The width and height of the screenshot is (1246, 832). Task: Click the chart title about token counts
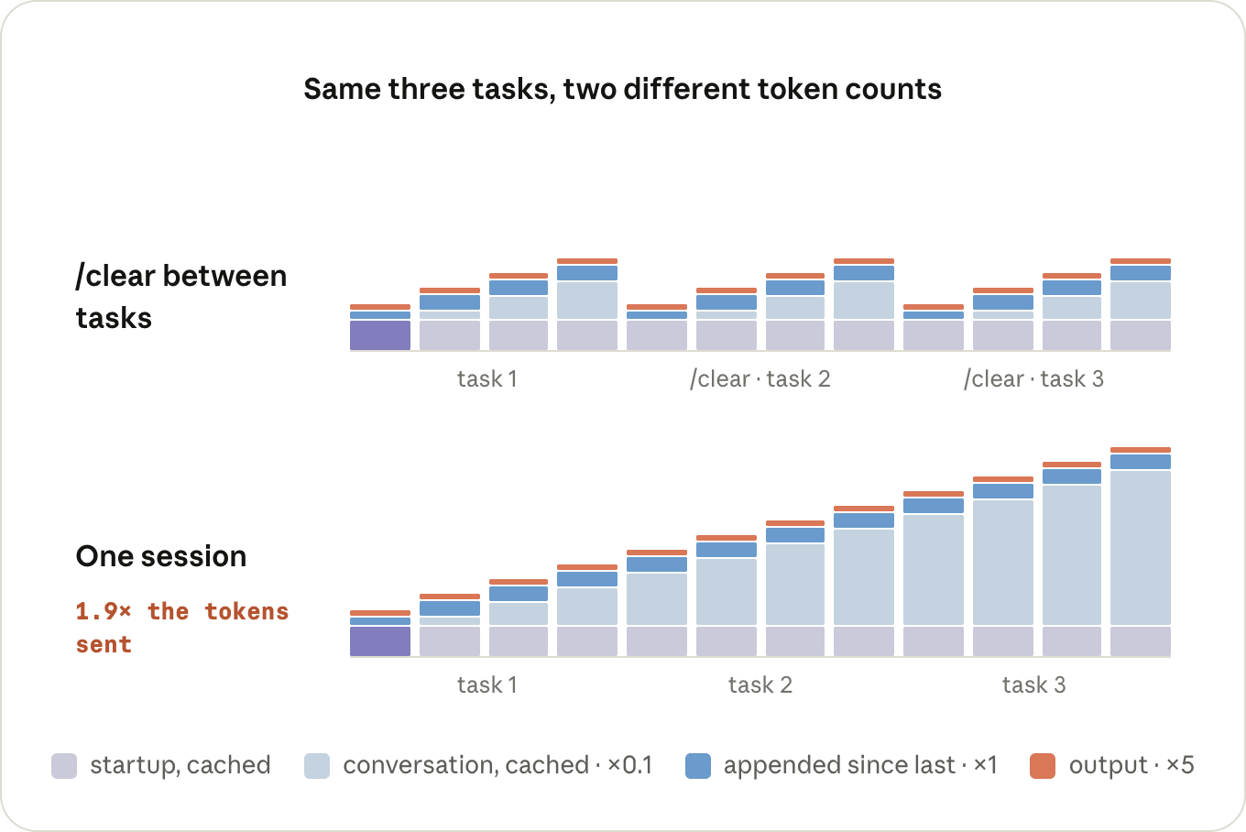622,89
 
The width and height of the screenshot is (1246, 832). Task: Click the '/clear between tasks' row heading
181,297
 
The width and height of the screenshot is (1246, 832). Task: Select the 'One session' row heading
161,556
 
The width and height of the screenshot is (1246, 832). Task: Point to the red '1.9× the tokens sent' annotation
182,628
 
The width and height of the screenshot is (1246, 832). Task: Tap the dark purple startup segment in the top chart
380,335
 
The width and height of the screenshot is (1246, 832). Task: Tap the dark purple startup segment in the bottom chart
380,641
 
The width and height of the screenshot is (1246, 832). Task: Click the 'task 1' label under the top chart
487,378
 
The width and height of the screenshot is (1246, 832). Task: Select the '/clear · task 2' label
760,378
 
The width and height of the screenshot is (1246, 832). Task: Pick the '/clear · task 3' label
1033,378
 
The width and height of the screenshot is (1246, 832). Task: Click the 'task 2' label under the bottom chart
760,684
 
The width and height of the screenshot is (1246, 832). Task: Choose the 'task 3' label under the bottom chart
1034,684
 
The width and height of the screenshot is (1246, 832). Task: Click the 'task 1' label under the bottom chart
487,684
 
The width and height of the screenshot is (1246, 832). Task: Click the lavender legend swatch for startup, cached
64,766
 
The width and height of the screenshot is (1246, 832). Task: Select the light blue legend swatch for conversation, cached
317,766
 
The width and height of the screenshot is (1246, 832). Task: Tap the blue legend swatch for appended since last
698,766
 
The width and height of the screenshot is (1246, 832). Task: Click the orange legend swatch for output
1043,766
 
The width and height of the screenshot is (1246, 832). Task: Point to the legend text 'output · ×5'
1131,765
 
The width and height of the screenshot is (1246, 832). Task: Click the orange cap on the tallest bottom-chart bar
1141,449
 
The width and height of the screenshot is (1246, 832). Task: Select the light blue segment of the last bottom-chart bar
1141,548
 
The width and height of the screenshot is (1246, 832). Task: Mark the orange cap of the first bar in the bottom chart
380,613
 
